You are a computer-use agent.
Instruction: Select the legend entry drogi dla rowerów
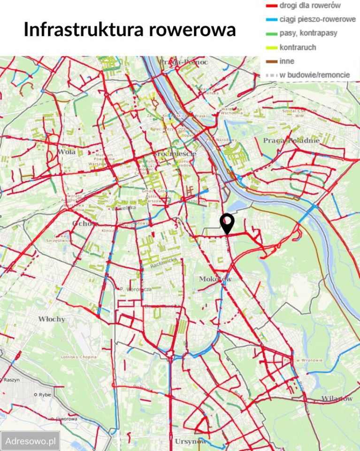coord(310,6)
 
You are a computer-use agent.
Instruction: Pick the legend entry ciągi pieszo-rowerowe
coord(317,20)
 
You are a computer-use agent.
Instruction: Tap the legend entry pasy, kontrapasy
coord(308,33)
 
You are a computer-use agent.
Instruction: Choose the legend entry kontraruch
coord(298,47)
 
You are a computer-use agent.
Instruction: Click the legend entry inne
coord(287,61)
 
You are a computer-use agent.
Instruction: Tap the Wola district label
coord(67,152)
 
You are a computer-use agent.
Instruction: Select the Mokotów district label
coord(215,279)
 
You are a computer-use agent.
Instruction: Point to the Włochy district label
coord(52,319)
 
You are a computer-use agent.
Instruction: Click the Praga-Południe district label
coord(291,140)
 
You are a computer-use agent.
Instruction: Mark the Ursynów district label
coord(190,442)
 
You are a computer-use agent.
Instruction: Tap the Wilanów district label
coord(337,399)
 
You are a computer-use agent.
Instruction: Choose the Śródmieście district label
coord(174,154)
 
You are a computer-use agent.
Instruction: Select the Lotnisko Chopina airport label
coord(78,357)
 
